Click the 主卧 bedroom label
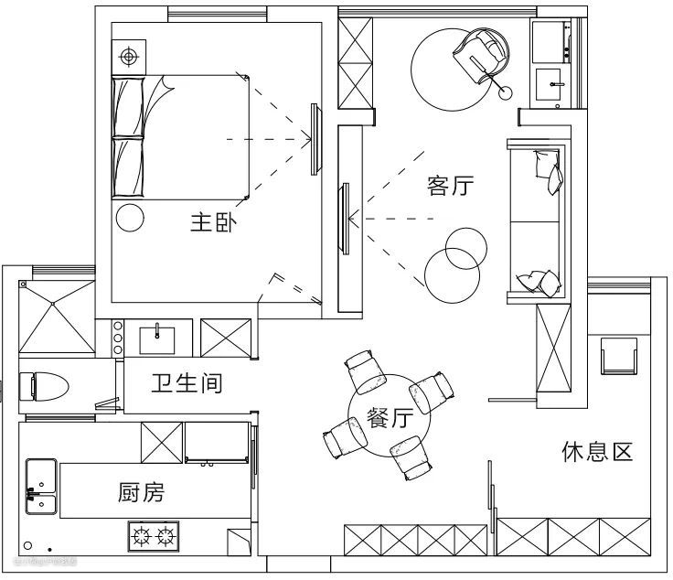[213, 222]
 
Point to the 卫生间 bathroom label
[187, 382]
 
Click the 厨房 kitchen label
[142, 493]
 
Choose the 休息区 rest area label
[596, 452]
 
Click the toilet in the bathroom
[44, 384]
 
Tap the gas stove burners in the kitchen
[154, 535]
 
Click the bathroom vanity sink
[159, 338]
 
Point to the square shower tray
[57, 317]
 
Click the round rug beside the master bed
[130, 217]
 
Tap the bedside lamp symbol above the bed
[129, 58]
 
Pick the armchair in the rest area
[619, 355]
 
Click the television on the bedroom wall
[315, 138]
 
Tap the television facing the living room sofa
[345, 218]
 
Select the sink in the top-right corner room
[553, 85]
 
